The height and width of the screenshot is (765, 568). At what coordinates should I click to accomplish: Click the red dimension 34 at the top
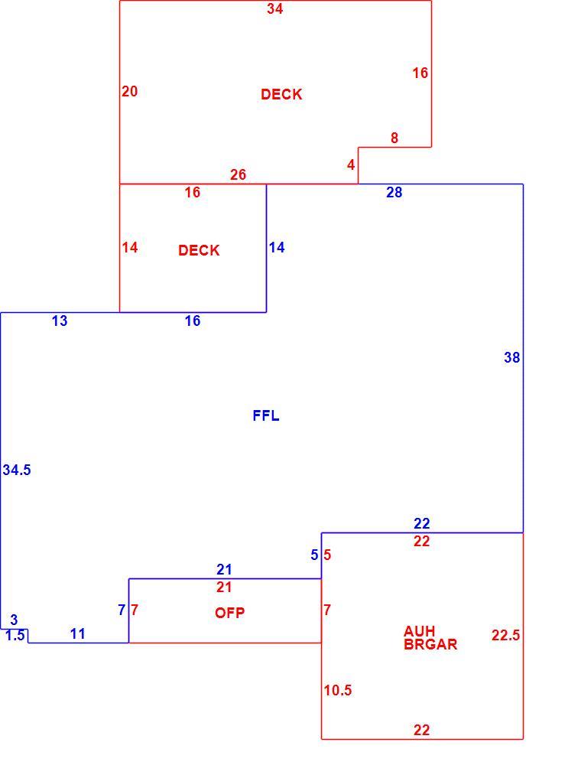coord(274,8)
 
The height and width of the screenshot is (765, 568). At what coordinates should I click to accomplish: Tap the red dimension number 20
coord(130,91)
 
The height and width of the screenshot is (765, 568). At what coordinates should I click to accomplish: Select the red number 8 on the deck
coord(394,138)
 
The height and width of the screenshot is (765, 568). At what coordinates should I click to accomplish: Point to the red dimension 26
coord(238,174)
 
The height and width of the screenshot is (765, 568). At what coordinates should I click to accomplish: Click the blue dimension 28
coord(394,193)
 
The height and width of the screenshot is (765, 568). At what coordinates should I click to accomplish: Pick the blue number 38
coord(512,357)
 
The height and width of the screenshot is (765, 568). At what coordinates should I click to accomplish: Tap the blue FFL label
coord(266,415)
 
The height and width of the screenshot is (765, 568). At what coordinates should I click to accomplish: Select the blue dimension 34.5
coord(17,470)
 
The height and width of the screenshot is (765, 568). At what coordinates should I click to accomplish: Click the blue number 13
coord(60,321)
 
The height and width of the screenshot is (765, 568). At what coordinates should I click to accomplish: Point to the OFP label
coord(229,613)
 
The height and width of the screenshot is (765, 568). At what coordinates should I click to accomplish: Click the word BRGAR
coord(430,644)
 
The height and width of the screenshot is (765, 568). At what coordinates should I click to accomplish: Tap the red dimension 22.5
coord(505,635)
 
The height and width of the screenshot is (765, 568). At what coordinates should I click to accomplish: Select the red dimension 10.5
coord(338,690)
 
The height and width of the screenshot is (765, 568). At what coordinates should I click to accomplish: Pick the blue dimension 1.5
coord(15,636)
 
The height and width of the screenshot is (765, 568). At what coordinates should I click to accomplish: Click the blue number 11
coord(77,633)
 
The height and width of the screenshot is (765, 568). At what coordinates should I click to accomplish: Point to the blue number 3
coord(14,620)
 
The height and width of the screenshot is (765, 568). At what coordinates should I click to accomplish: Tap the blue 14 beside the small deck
coord(277,248)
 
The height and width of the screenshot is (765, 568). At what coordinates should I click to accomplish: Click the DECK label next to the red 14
coord(199,251)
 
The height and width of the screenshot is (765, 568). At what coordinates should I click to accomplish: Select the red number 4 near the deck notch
coord(351,165)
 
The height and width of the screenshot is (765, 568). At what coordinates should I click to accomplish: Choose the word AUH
coord(419,631)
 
